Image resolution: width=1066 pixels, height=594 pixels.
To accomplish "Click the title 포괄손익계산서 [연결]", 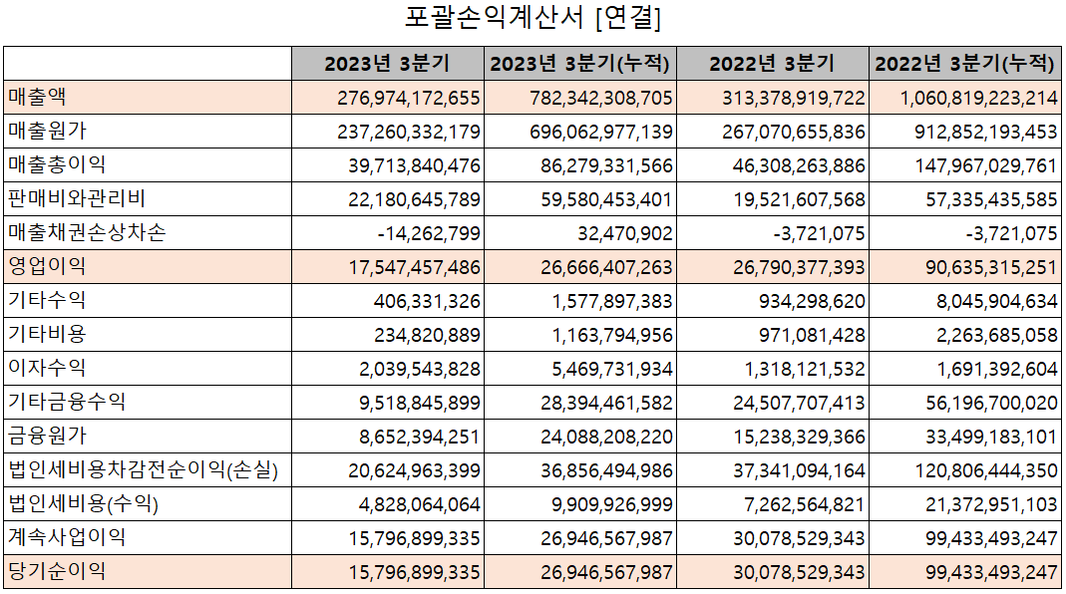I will (x=533, y=18).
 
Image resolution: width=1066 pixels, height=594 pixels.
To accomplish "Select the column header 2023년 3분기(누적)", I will (x=580, y=64).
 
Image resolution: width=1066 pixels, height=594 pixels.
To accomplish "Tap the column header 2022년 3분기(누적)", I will (x=964, y=64).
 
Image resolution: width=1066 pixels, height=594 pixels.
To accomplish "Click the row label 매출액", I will (x=37, y=98).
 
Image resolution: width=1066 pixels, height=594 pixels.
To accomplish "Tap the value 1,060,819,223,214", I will (x=964, y=98).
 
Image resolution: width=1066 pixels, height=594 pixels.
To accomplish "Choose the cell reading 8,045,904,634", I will (x=985, y=301).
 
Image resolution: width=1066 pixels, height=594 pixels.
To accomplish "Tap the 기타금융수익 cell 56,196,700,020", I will (x=978, y=403).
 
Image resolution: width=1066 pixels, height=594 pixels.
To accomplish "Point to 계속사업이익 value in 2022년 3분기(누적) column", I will (x=978, y=538).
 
